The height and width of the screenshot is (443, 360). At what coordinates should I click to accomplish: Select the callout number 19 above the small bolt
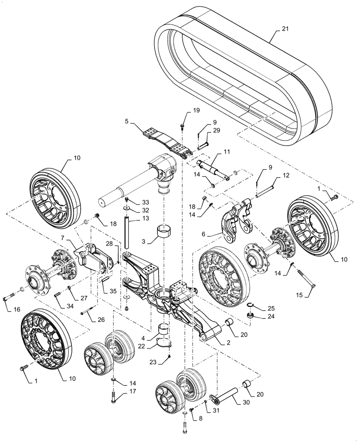(184, 110)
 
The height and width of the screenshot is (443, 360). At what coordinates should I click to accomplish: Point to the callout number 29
(216, 131)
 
